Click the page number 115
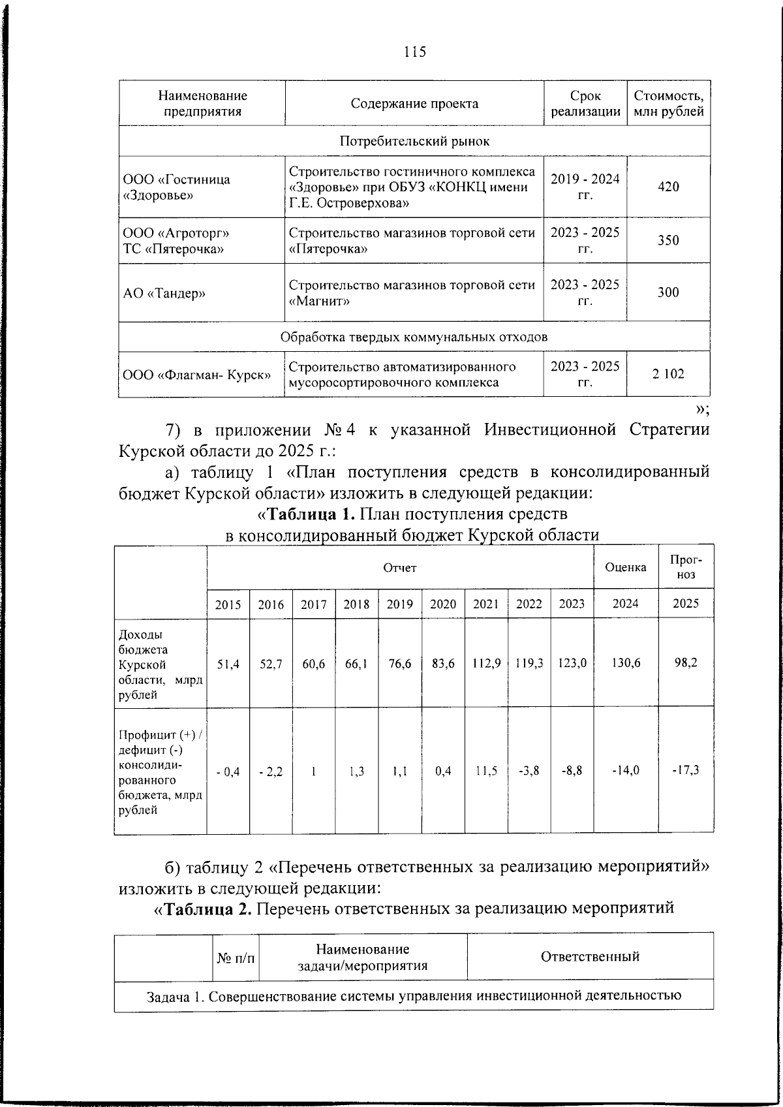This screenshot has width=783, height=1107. pos(414,52)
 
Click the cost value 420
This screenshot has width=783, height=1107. pos(668,187)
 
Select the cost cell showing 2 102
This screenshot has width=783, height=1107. pos(668,374)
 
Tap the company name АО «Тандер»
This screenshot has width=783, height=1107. pos(164,293)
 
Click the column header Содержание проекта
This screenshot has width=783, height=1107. pos(414,104)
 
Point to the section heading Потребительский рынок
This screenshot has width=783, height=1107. pos(414,141)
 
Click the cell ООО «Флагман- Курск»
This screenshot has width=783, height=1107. pos(197,375)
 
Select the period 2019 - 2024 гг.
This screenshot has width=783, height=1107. pos(585,187)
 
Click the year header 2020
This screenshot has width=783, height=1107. pos(443,604)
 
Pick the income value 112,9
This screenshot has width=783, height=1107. pos(485,663)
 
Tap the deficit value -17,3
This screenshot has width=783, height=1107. pos(686,770)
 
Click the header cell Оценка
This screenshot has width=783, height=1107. pos(625,567)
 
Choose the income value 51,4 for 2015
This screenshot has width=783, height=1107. pos(228,663)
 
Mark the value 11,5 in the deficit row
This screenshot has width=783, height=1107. pos(485,770)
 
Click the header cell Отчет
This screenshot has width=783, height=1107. pos(399,567)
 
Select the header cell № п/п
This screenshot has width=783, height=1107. pos(236,958)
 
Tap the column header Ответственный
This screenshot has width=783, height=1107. pos(589,957)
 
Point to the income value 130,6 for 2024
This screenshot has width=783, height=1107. pos(625,663)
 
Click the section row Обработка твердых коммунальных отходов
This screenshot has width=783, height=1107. pos(414,337)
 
